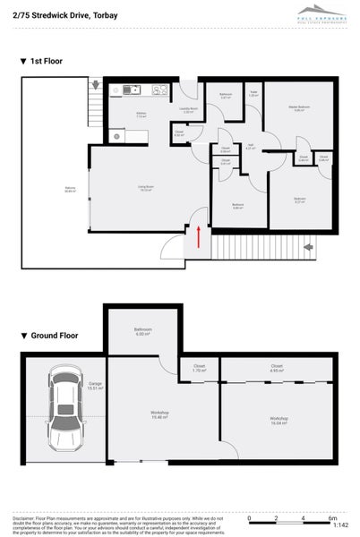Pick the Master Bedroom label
tap(299, 108)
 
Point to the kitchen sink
tap(131, 89)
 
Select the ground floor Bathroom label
tap(142, 331)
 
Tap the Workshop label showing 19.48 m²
tap(160, 413)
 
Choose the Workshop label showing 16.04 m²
tap(279, 420)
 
